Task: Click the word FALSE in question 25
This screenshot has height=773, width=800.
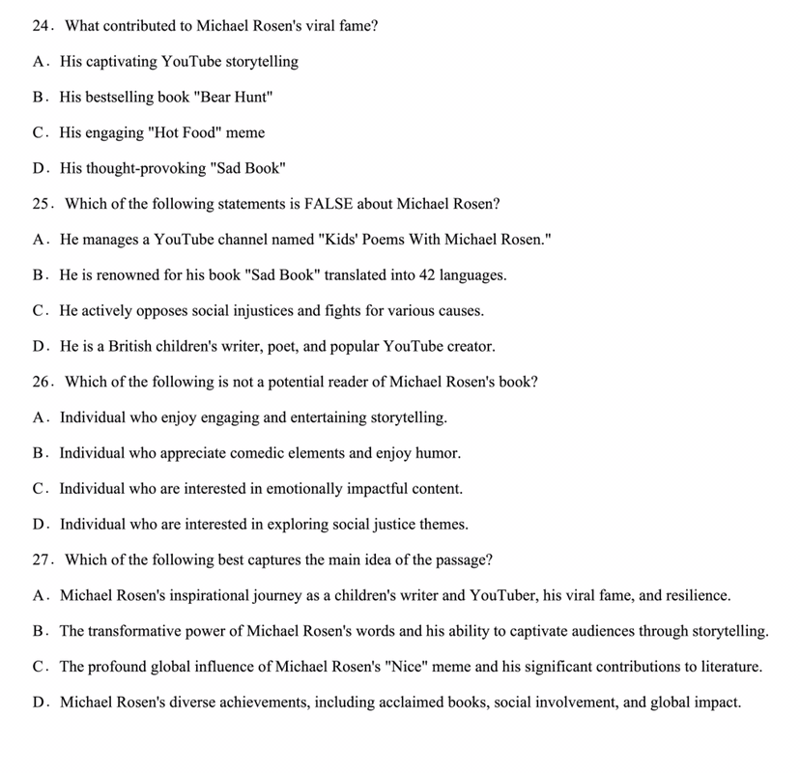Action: [x=331, y=204]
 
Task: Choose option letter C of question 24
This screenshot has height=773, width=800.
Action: [x=39, y=132]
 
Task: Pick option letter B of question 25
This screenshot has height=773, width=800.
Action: [x=39, y=275]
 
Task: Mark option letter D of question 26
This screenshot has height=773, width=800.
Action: [x=39, y=525]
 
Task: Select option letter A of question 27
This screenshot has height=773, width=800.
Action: [x=39, y=595]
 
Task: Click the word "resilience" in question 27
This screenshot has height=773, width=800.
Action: [x=698, y=595]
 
